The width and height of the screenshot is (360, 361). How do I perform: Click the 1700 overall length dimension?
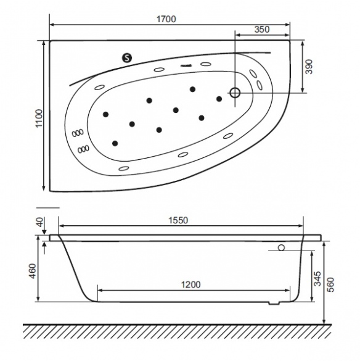point(166,19)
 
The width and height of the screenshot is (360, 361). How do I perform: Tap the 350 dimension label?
point(262,30)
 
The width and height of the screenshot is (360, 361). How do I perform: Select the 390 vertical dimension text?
point(309,67)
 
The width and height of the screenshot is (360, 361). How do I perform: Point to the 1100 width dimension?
point(39,118)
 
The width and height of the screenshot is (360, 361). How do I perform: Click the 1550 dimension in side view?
point(178,220)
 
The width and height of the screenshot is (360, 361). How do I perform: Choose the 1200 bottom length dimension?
point(190,285)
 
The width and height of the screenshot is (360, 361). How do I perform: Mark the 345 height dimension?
point(317,278)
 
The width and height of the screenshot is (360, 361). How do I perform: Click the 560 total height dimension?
point(330,284)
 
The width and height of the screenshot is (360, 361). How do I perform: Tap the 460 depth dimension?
point(33,271)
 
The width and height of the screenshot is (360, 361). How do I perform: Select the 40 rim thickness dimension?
point(40,222)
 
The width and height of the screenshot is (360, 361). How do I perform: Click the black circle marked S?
point(127,58)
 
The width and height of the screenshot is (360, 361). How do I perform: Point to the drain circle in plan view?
point(235,93)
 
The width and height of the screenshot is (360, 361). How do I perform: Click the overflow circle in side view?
point(281,247)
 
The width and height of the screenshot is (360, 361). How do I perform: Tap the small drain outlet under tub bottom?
point(274,303)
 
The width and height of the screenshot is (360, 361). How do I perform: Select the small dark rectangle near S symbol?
point(186,66)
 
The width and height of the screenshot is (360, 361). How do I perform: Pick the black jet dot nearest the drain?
point(219,99)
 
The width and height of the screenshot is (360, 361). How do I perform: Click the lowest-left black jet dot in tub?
point(115,143)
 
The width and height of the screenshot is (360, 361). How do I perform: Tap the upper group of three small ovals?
point(78,133)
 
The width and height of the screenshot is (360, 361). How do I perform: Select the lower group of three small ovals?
point(83,149)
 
